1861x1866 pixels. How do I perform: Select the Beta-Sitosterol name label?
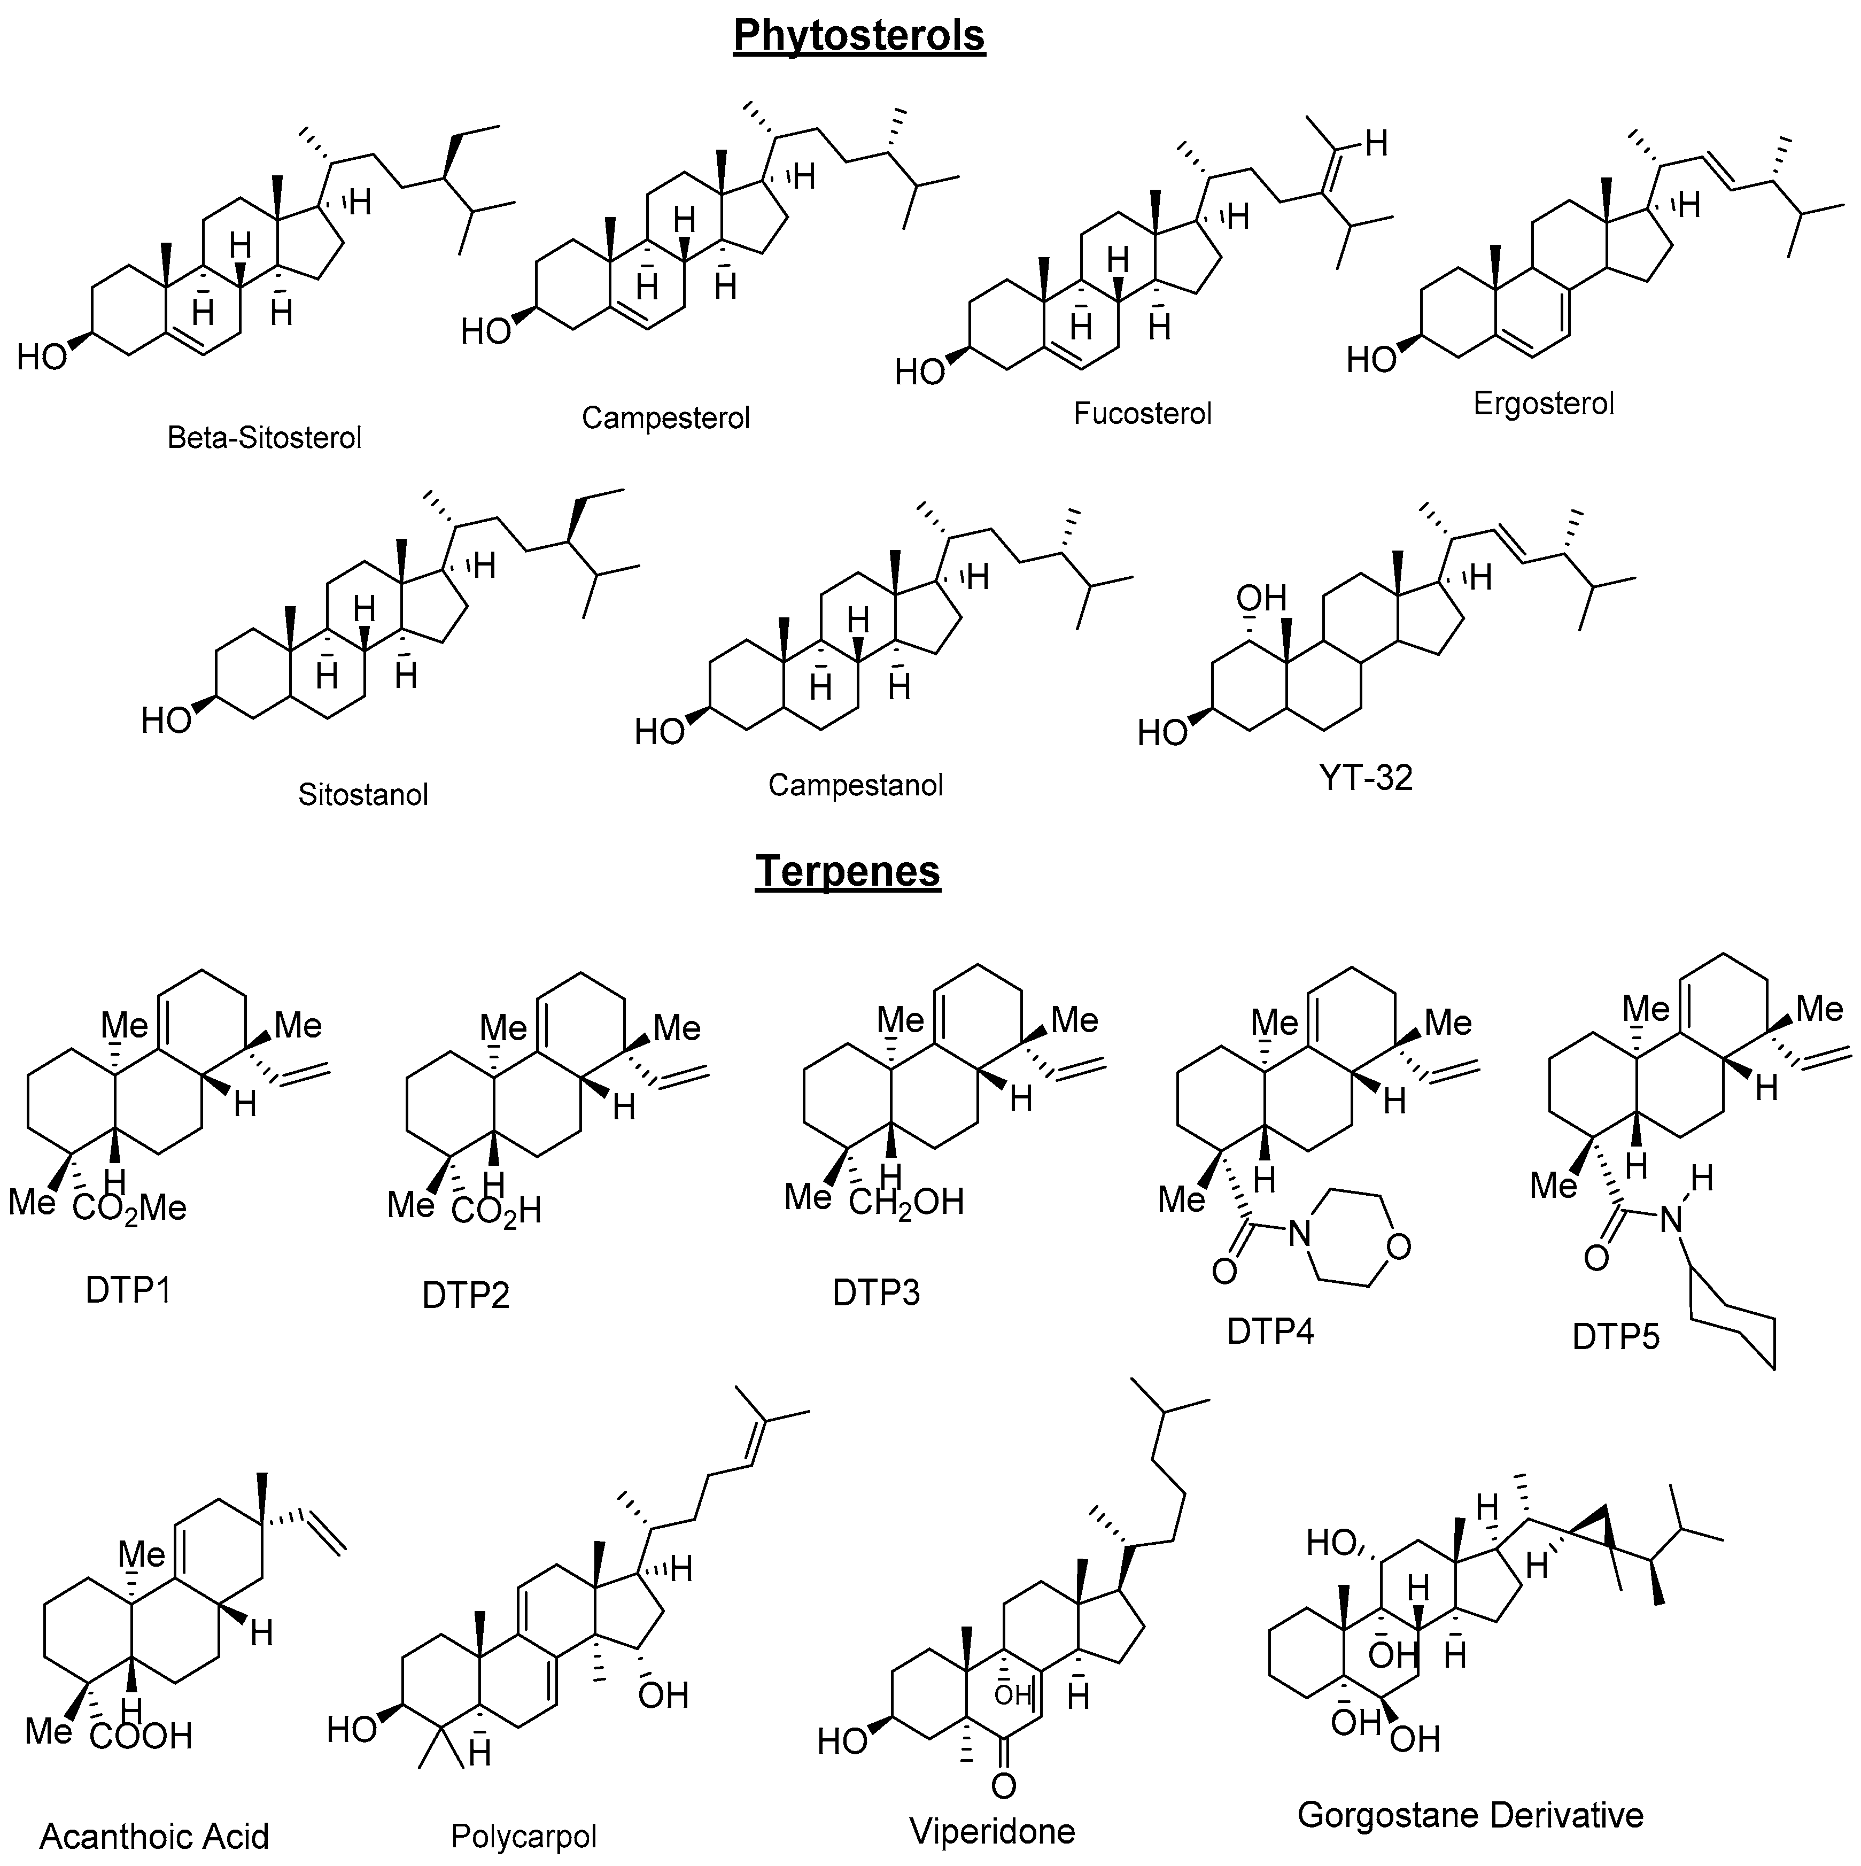point(265,438)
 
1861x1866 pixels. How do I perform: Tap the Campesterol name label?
point(665,417)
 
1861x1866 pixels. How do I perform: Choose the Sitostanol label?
point(363,795)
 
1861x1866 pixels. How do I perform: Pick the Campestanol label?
point(855,785)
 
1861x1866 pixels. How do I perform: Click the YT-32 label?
point(1366,778)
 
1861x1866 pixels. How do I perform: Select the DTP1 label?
point(128,1289)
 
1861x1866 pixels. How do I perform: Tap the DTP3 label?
point(876,1293)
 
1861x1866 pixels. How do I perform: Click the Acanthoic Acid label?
point(154,1835)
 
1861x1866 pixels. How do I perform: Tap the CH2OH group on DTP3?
point(906,1203)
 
